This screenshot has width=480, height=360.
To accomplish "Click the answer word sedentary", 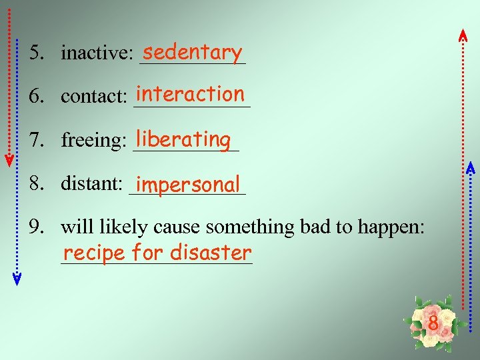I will pos(192,51).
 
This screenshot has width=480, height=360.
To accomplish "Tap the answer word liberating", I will pos(183,139).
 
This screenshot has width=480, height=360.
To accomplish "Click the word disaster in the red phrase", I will pos(211,253).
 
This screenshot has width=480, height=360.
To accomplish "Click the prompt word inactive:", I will pos(97,53).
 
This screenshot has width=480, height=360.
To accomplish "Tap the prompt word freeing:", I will pos(94,141).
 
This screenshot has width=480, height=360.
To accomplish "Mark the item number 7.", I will pos(34,141).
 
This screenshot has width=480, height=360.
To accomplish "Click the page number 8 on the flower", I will pos(433,325).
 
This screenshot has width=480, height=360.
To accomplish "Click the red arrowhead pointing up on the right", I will pos(463,35).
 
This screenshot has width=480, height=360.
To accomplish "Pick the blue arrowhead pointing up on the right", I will pos(469,168).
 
